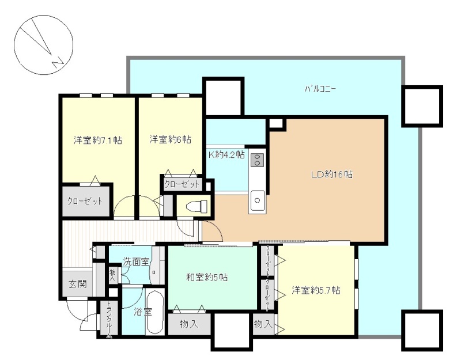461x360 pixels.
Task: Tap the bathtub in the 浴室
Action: pyautogui.click(x=155, y=312)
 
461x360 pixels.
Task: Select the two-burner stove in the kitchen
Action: pyautogui.click(x=257, y=161)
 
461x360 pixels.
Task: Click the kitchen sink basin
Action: pyautogui.click(x=257, y=200)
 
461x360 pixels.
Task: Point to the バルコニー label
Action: pyautogui.click(x=320, y=89)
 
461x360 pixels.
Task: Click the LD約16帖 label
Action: pyautogui.click(x=332, y=175)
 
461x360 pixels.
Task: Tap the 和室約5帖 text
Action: pyautogui.click(x=207, y=277)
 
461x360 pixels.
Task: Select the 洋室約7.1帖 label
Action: pyautogui.click(x=98, y=140)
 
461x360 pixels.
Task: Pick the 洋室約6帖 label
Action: pyautogui.click(x=171, y=139)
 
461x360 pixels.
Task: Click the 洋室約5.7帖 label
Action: pyautogui.click(x=316, y=290)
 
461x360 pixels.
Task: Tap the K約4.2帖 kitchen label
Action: pyautogui.click(x=226, y=154)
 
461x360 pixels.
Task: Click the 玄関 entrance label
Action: pyautogui.click(x=78, y=284)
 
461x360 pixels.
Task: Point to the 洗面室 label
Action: pyautogui.click(x=136, y=262)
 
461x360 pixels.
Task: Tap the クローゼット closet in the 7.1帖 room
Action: pyautogui.click(x=85, y=201)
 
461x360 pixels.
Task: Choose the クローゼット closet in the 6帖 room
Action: pyautogui.click(x=182, y=184)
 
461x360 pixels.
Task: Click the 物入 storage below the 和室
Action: pyautogui.click(x=190, y=324)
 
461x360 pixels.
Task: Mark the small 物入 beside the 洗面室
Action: pyautogui.click(x=112, y=275)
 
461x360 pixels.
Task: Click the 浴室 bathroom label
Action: pyautogui.click(x=142, y=312)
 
